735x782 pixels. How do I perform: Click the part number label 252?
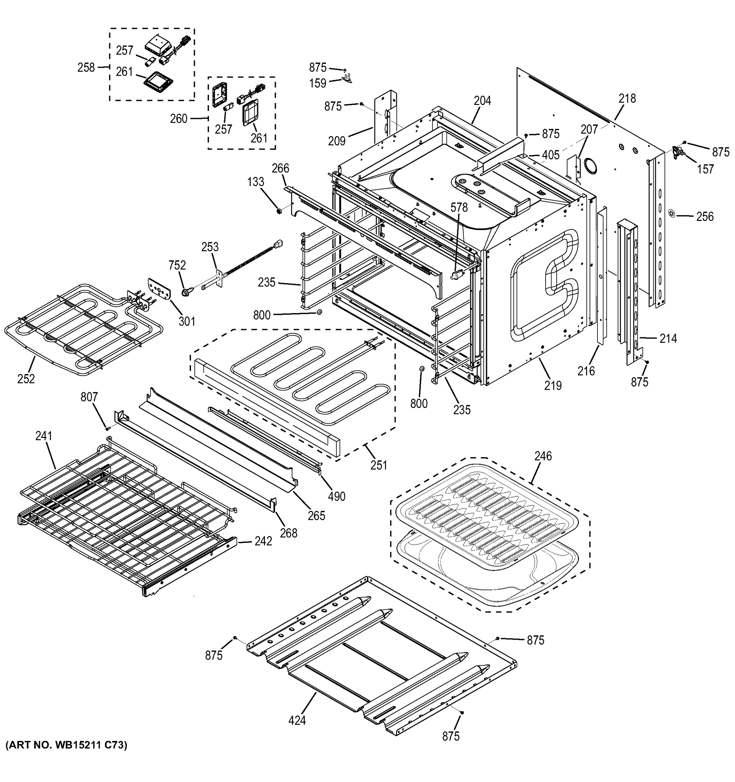pyautogui.click(x=26, y=379)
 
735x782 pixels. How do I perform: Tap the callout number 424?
pyautogui.click(x=297, y=721)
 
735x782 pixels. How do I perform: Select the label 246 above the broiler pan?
pyautogui.click(x=543, y=456)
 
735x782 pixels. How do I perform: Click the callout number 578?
pyautogui.click(x=459, y=207)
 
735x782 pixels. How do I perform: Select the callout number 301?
pyautogui.click(x=187, y=321)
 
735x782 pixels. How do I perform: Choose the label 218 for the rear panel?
pyautogui.click(x=627, y=98)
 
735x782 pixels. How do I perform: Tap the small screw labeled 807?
pyautogui.click(x=107, y=428)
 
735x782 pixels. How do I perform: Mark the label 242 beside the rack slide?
pyautogui.click(x=263, y=541)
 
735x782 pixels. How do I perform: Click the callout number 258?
pyautogui.click(x=86, y=68)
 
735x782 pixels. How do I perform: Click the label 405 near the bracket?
pyautogui.click(x=551, y=155)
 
